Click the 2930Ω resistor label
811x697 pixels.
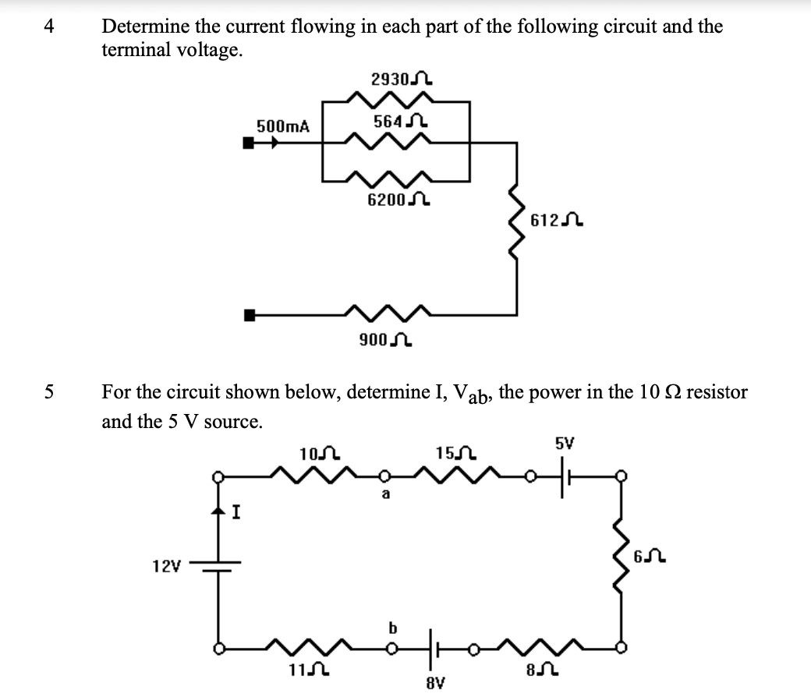(x=402, y=80)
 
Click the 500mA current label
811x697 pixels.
(x=283, y=126)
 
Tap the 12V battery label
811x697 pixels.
(x=166, y=564)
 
